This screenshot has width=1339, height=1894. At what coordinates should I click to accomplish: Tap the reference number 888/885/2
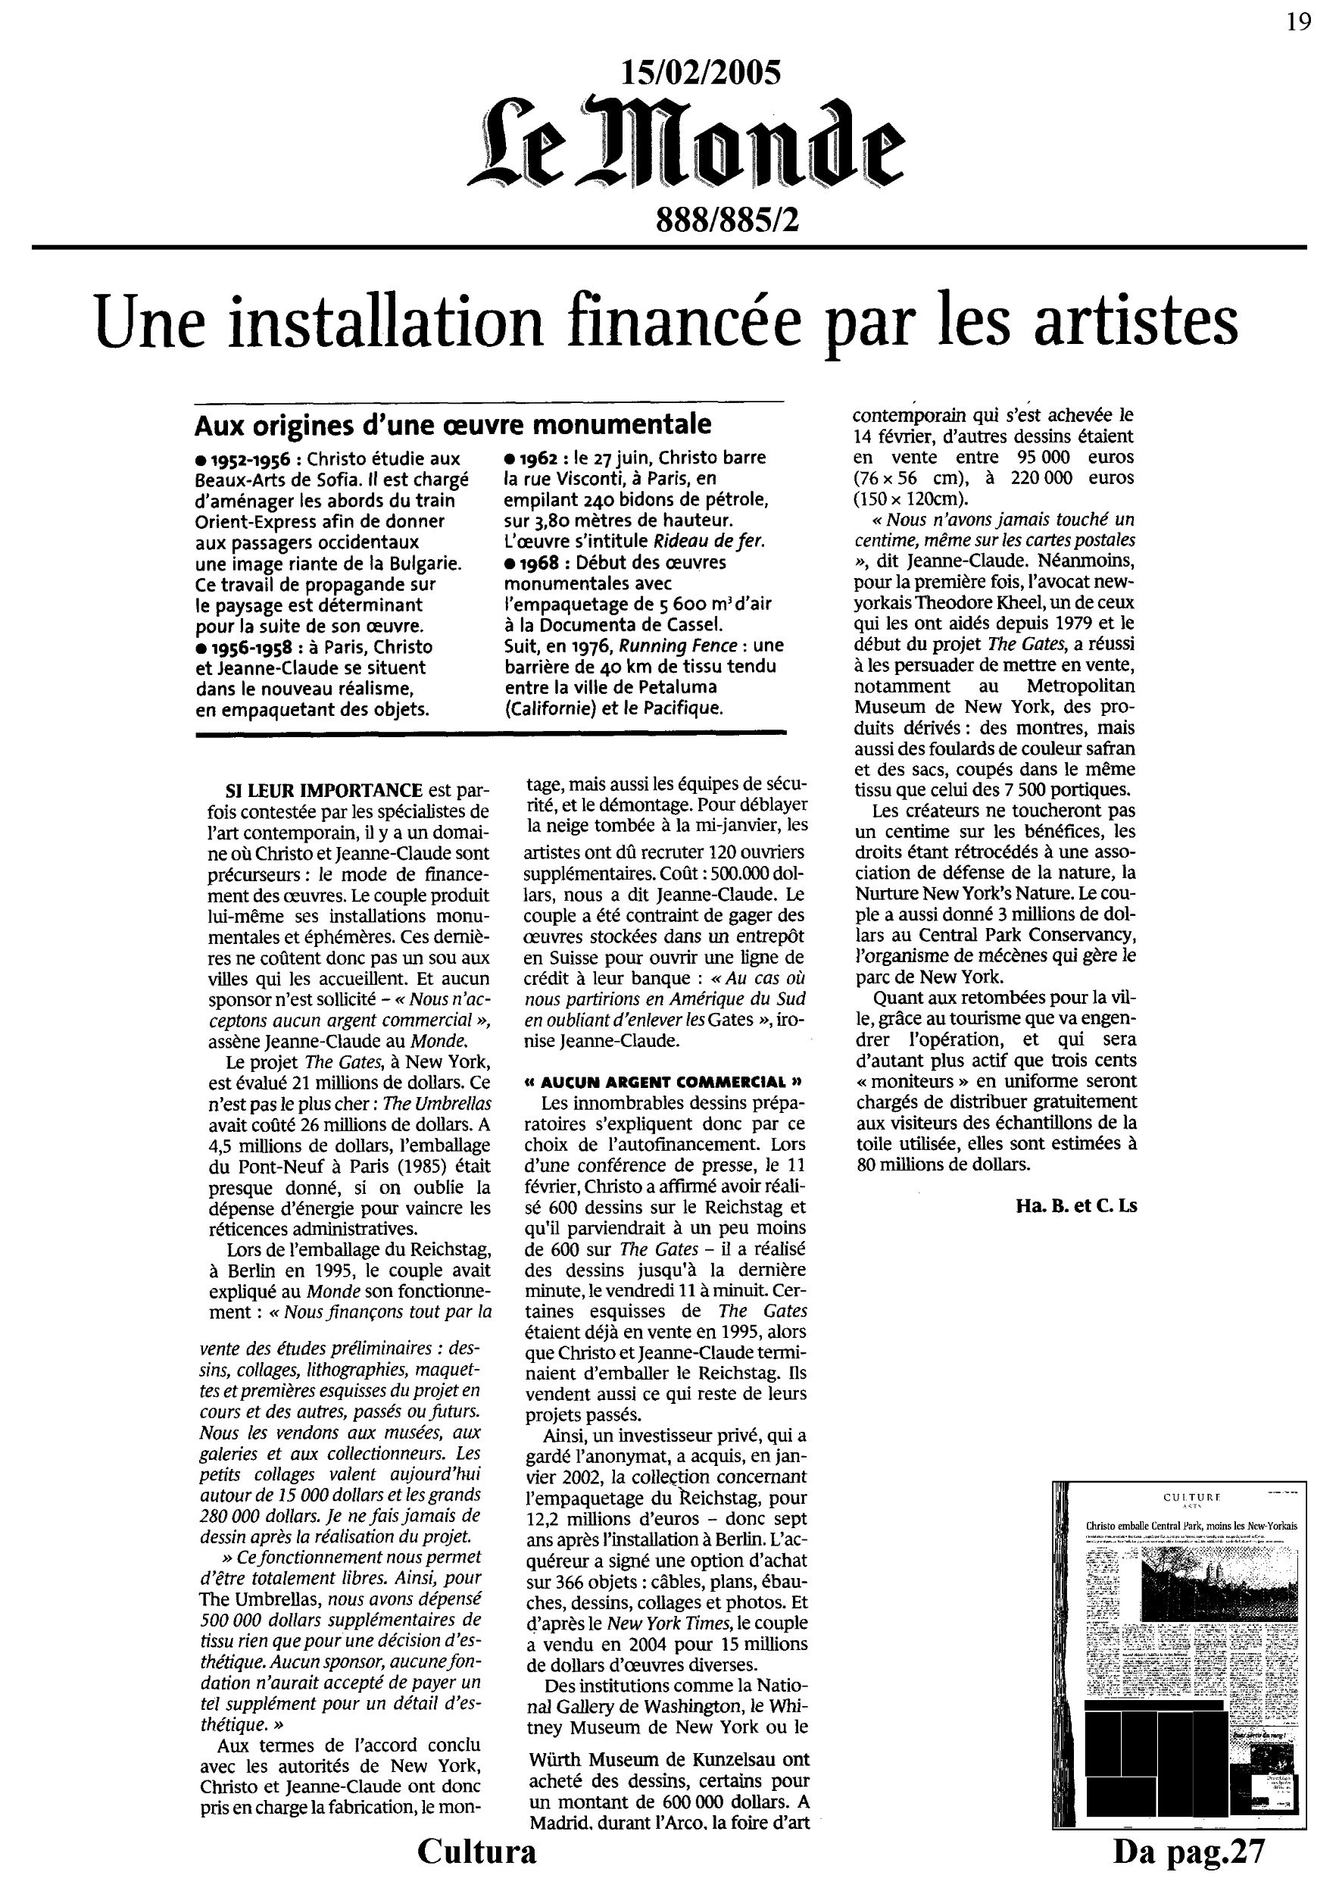tap(727, 220)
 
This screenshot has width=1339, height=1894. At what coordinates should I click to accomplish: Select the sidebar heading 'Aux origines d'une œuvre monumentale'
tap(453, 424)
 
